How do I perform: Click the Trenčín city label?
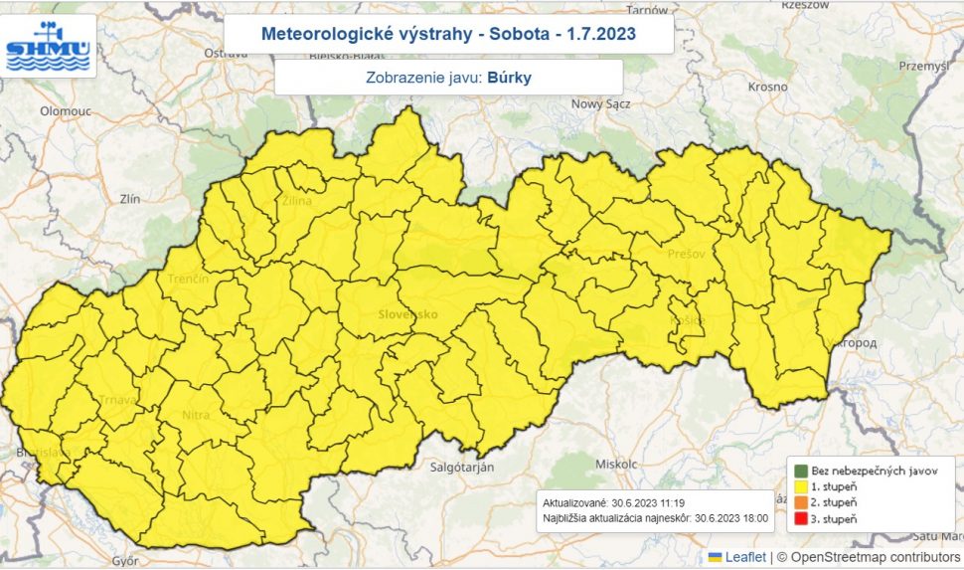[x=188, y=280]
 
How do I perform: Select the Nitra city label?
[x=196, y=414]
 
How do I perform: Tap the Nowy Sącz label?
[x=601, y=103]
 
